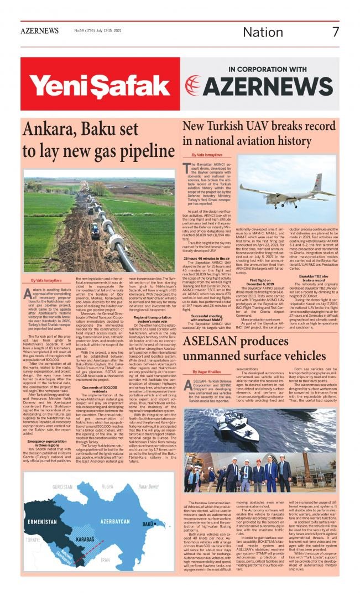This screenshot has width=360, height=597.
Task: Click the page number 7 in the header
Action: pos(335,32)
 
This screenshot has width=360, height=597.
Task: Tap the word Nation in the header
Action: pos(263,32)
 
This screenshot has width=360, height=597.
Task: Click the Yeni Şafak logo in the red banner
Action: pos(92,84)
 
